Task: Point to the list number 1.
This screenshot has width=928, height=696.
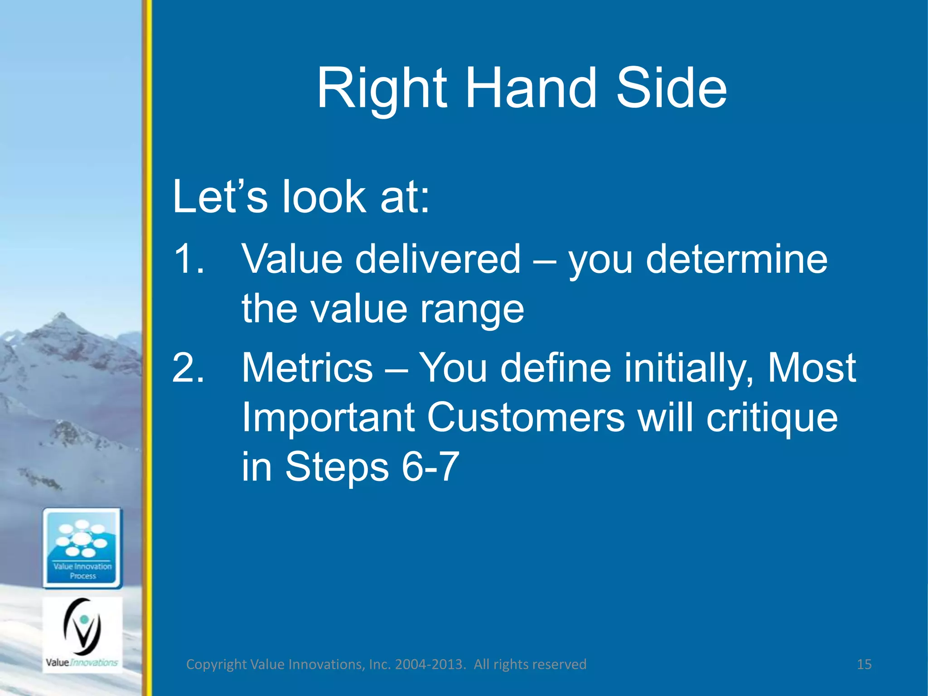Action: click(x=188, y=259)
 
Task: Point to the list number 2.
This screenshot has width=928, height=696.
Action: click(x=188, y=367)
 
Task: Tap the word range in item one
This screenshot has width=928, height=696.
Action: click(x=472, y=309)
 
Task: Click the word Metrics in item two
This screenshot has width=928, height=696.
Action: click(x=307, y=367)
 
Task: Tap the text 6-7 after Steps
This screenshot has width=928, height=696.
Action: click(x=430, y=467)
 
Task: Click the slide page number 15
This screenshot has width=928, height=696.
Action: click(x=864, y=664)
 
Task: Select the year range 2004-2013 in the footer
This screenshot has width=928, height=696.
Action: click(x=430, y=664)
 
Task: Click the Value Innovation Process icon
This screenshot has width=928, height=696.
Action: click(x=82, y=548)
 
